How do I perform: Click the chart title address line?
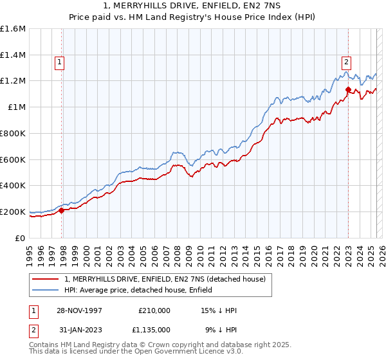192,6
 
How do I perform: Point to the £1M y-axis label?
17,107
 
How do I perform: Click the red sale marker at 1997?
62,210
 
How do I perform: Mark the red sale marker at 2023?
348,90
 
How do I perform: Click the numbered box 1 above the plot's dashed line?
59,62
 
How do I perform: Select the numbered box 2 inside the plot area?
346,62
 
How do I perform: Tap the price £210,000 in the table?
154,310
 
